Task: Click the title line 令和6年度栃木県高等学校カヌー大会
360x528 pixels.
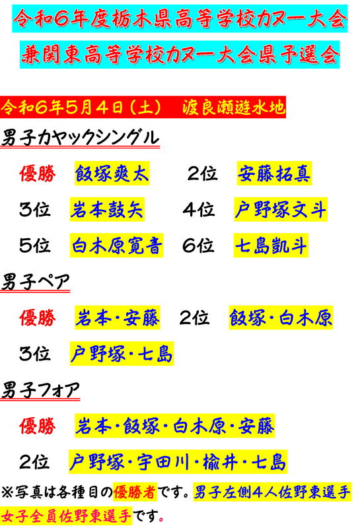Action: pos(180,18)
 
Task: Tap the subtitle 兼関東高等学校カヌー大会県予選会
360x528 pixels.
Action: pos(180,55)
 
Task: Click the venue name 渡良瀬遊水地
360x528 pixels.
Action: pos(234,107)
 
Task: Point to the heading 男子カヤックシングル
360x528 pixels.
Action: pos(80,137)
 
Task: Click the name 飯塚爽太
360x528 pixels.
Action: pos(112,174)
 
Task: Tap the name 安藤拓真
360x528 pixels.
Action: pos(274,174)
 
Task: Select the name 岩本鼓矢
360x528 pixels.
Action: pos(107,209)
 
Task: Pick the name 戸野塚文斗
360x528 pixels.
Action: pos(281,209)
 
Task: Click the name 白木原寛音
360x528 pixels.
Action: pos(117,246)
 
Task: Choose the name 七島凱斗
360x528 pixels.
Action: pos(271,246)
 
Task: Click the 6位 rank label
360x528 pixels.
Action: pos(198,246)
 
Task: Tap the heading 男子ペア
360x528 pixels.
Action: pos(35,282)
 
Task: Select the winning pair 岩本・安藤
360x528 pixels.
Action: pos(118,317)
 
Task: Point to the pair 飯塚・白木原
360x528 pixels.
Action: pos(281,317)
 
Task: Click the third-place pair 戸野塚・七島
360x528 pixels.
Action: pos(122,354)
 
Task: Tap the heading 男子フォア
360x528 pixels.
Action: pos(40,390)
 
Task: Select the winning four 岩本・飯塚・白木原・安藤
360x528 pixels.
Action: pos(174,426)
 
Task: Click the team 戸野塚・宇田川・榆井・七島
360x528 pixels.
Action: pos(178,461)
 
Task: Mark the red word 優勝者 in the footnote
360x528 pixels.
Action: pos(135,492)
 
